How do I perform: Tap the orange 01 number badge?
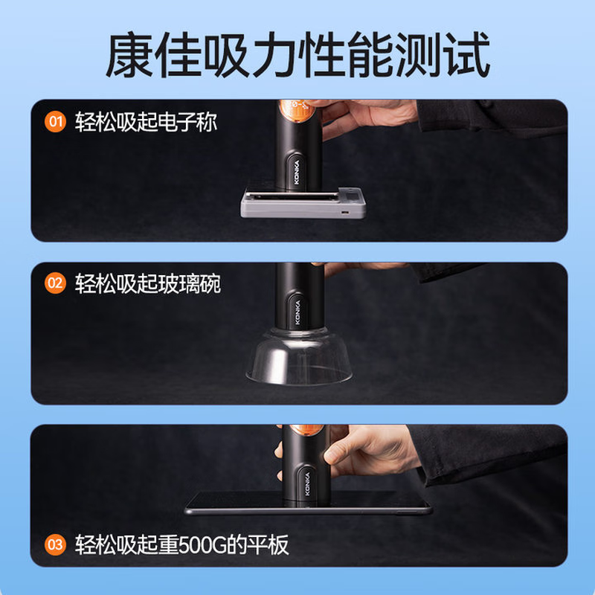tap(55, 121)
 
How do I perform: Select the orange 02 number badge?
tap(55, 283)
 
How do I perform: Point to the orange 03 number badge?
tap(55, 545)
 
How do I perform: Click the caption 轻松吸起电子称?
tap(146, 121)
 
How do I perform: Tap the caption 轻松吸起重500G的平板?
tap(181, 545)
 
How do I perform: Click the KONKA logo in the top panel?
tap(295, 173)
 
